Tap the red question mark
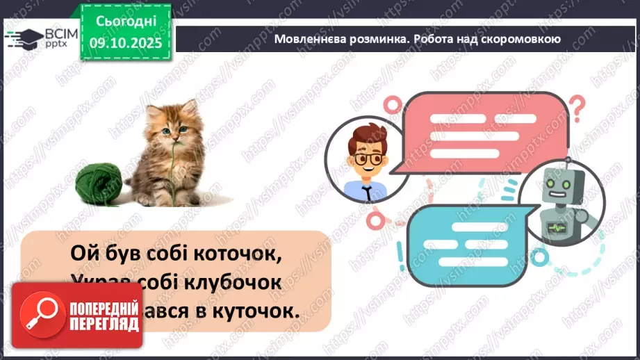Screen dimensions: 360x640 point(577,108)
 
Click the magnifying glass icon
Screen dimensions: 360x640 point(40,314)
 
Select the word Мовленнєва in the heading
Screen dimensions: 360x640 point(307,40)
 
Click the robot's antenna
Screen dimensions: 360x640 point(568,165)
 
